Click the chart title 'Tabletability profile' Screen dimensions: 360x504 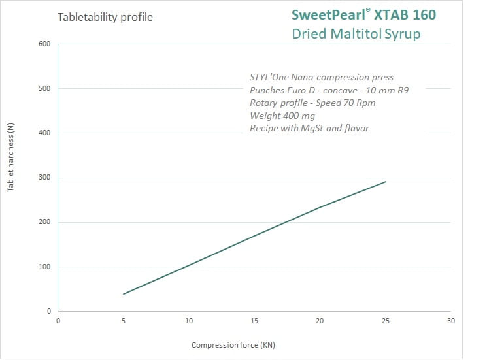(x=105, y=17)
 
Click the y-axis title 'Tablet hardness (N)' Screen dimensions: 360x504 (x=10, y=159)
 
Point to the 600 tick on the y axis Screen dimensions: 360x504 (x=45, y=44)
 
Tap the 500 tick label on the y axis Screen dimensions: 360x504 (x=45, y=89)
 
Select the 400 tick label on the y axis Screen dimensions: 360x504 (x=45, y=133)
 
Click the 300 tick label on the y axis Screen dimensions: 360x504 (x=45, y=178)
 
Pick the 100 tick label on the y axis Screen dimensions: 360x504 (x=45, y=267)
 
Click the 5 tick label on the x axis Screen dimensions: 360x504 (x=124, y=321)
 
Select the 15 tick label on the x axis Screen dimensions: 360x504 (x=254, y=321)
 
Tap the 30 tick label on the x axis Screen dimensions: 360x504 (x=450, y=321)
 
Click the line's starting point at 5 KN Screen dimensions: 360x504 (x=124, y=294)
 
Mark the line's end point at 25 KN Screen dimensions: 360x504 (x=386, y=182)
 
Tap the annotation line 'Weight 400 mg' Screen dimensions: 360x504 (x=282, y=116)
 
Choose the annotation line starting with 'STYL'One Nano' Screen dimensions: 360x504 (x=321, y=78)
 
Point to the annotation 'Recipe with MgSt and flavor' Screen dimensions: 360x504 (x=309, y=128)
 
